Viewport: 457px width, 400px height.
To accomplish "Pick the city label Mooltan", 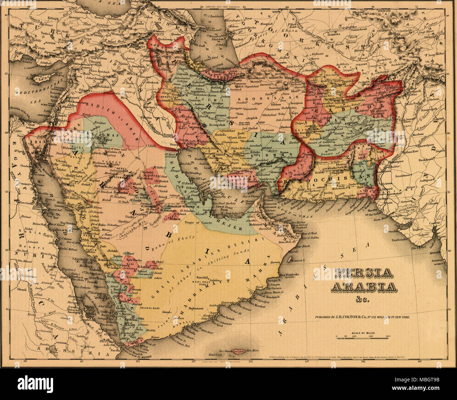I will pos(417,135).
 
